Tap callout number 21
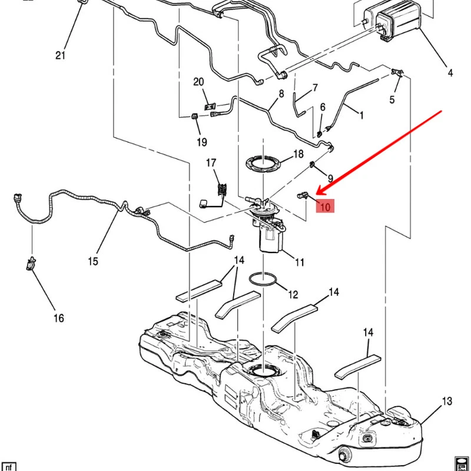click(60, 55)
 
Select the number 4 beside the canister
click(450, 73)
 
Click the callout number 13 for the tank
click(447, 402)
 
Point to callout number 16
click(58, 319)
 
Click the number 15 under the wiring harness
click(94, 261)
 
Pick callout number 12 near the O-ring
click(293, 294)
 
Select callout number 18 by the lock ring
click(298, 154)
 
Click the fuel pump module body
click(271, 238)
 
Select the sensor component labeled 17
click(222, 190)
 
